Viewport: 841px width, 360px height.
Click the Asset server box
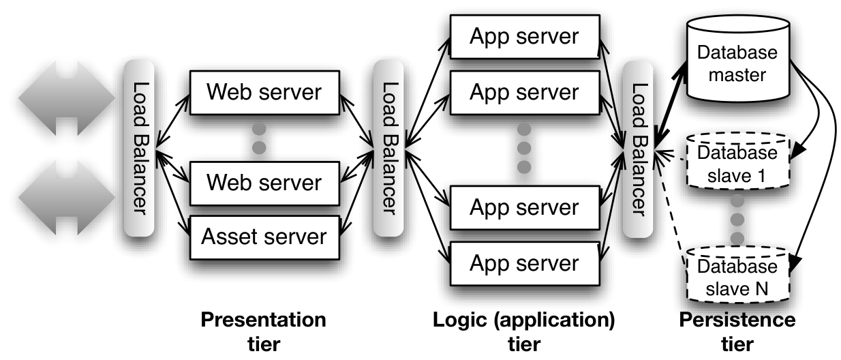[x=264, y=237]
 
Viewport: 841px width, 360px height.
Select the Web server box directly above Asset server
[x=264, y=183]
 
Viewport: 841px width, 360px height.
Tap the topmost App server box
[x=525, y=37]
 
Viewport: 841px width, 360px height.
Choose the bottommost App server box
[x=525, y=264]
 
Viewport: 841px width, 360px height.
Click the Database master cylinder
[x=738, y=59]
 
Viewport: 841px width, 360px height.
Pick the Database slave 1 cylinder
[x=738, y=160]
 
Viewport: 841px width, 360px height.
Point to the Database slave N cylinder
[x=738, y=274]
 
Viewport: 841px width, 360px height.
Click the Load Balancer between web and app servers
[x=388, y=148]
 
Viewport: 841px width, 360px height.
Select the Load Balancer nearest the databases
[x=638, y=149]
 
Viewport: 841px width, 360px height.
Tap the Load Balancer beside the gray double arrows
[x=139, y=148]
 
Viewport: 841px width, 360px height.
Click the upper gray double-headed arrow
[x=67, y=98]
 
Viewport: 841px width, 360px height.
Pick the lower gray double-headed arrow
[x=67, y=198]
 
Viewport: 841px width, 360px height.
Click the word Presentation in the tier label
[x=264, y=320]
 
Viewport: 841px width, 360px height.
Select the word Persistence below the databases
[x=737, y=320]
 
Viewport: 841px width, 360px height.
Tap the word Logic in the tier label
[x=459, y=320]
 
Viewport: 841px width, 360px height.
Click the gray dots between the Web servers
[x=259, y=138]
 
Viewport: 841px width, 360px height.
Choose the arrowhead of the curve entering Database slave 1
[x=798, y=152]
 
